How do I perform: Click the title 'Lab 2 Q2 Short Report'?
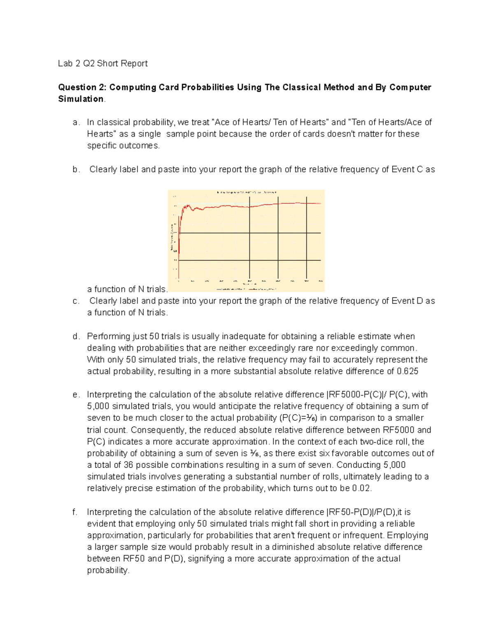point(103,63)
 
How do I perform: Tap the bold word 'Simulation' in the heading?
point(81,99)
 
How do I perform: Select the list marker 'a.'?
point(75,122)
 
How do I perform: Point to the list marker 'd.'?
point(75,337)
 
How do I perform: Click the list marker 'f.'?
point(75,512)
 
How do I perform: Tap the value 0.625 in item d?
point(407,371)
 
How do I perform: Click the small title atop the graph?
point(247,192)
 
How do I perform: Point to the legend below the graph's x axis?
point(247,289)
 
